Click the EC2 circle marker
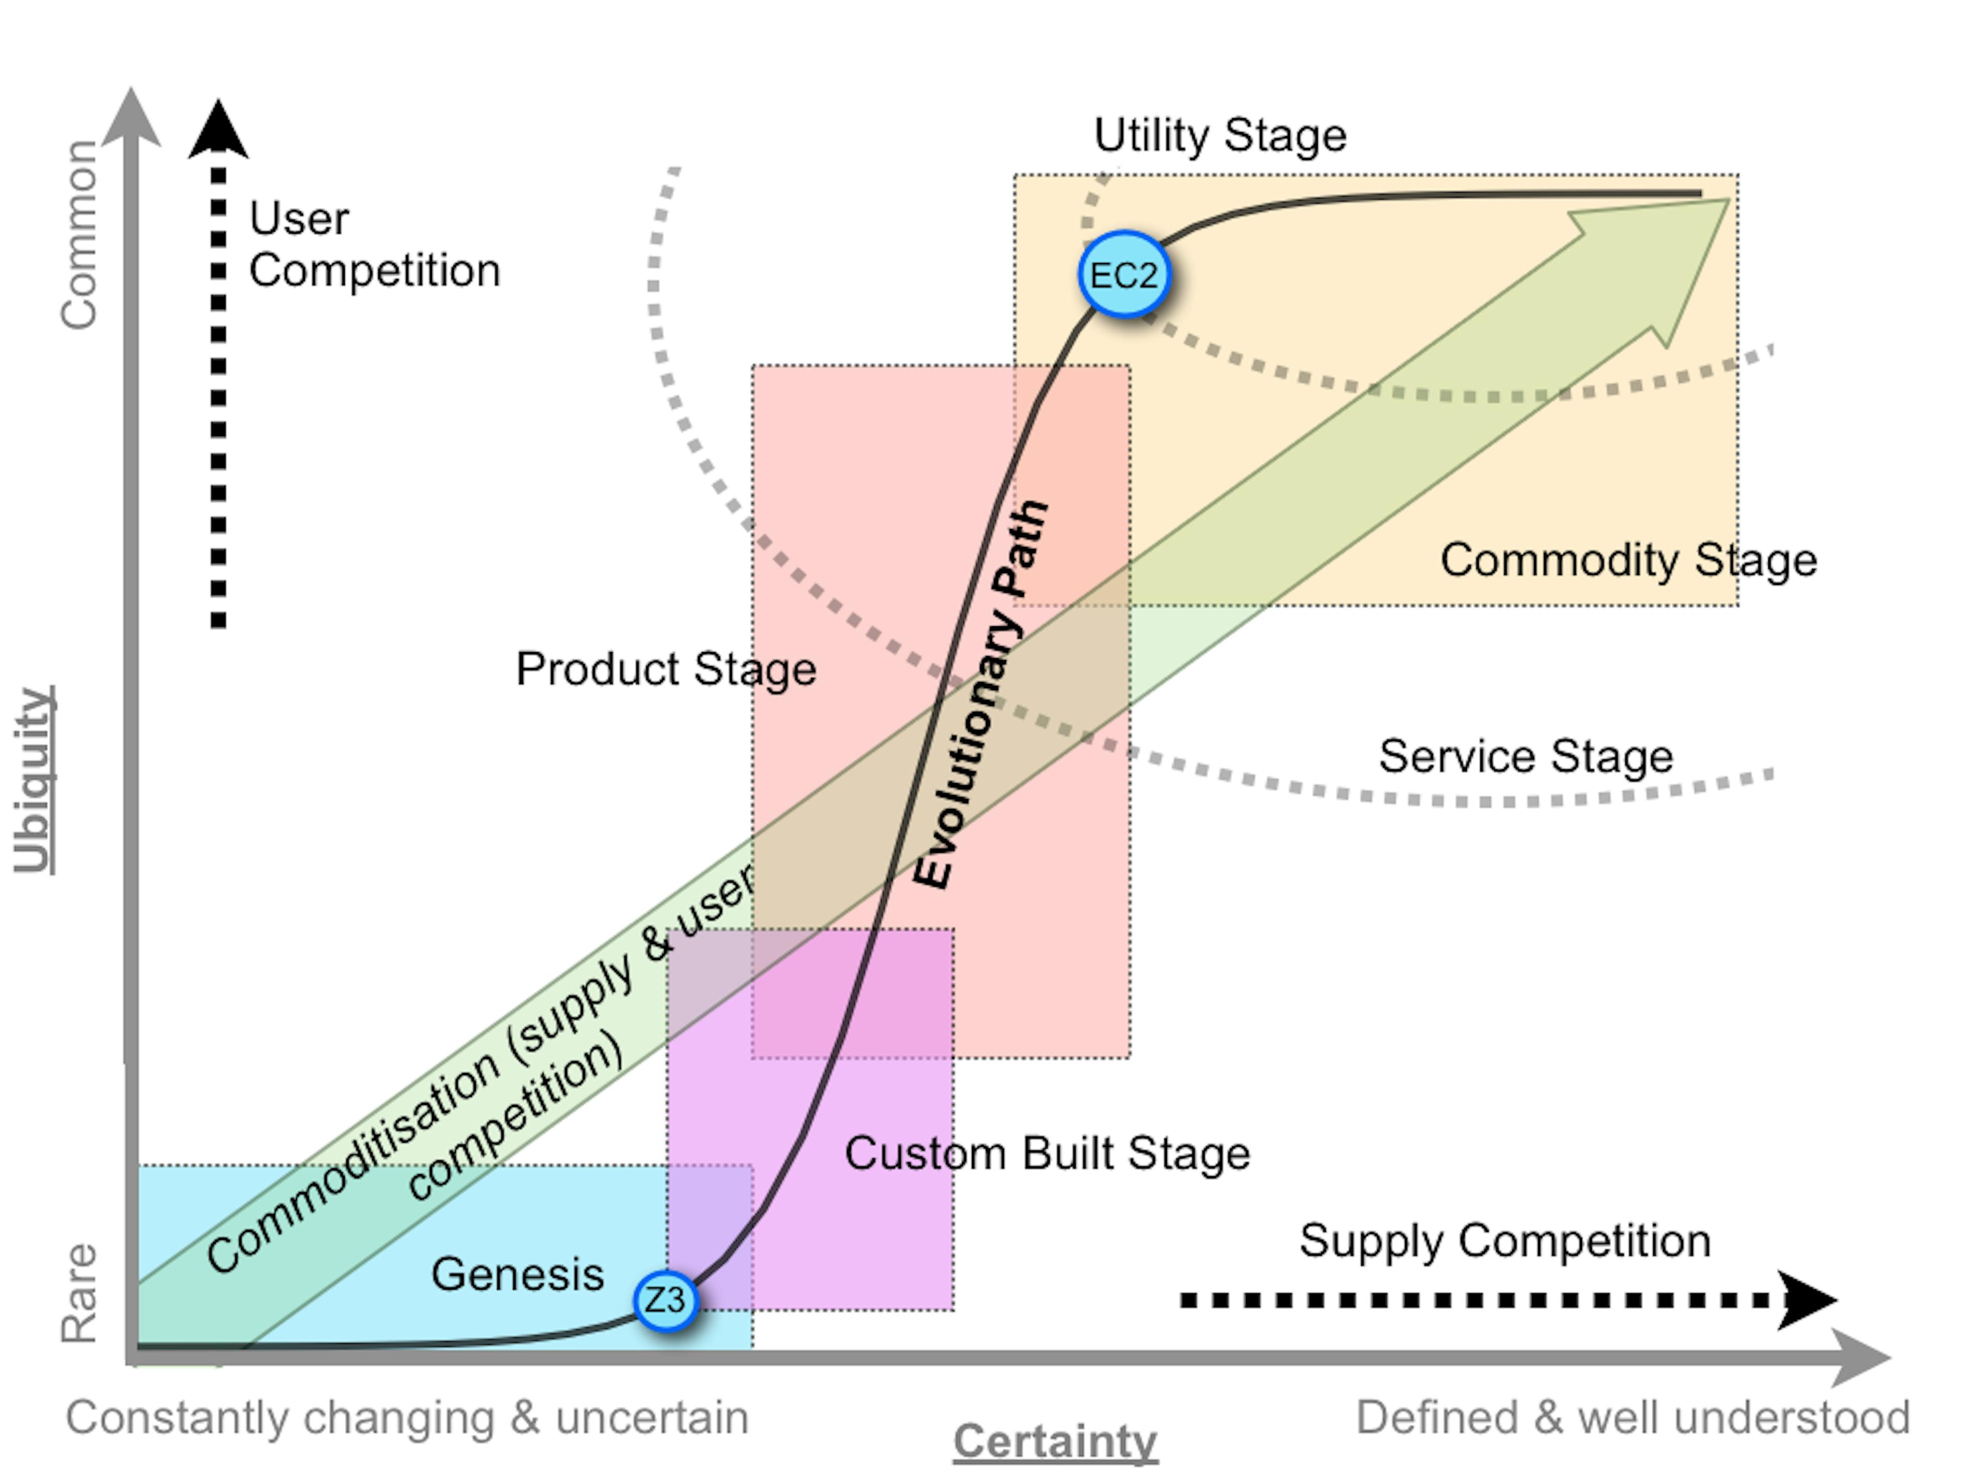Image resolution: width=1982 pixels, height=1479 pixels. click(1124, 275)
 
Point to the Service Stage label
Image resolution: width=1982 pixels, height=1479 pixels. click(1525, 756)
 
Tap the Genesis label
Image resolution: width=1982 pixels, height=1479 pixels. click(517, 1274)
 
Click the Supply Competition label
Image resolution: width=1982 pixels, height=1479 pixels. click(1505, 1241)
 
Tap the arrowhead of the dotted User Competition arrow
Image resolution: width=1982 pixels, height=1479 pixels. click(218, 131)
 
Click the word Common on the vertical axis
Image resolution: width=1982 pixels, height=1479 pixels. click(79, 235)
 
